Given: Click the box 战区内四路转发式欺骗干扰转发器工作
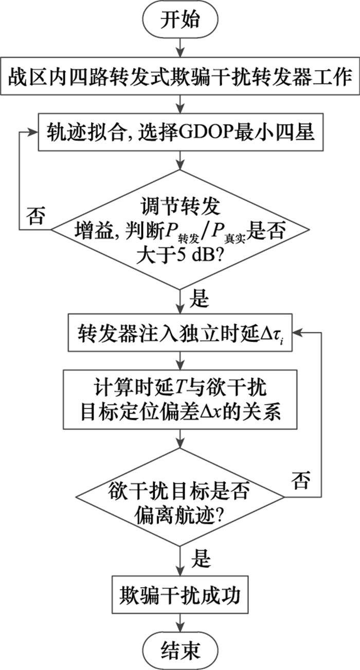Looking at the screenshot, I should [179, 79].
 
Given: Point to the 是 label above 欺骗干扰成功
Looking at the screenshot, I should [199, 558].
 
